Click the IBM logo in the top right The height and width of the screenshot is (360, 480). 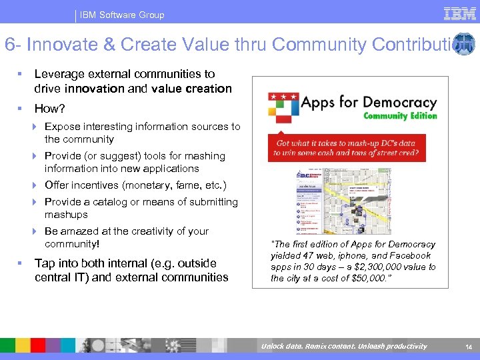pyautogui.click(x=459, y=13)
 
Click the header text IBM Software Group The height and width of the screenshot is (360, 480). pyautogui.click(x=122, y=15)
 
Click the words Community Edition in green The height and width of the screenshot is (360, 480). pyautogui.click(x=400, y=115)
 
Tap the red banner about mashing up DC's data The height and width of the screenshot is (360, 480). pyautogui.click(x=347, y=148)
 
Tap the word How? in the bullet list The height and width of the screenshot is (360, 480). pyautogui.click(x=50, y=108)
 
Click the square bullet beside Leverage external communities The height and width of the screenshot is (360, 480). pyautogui.click(x=21, y=74)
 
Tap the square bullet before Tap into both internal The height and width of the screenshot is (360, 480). pyautogui.click(x=21, y=263)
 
